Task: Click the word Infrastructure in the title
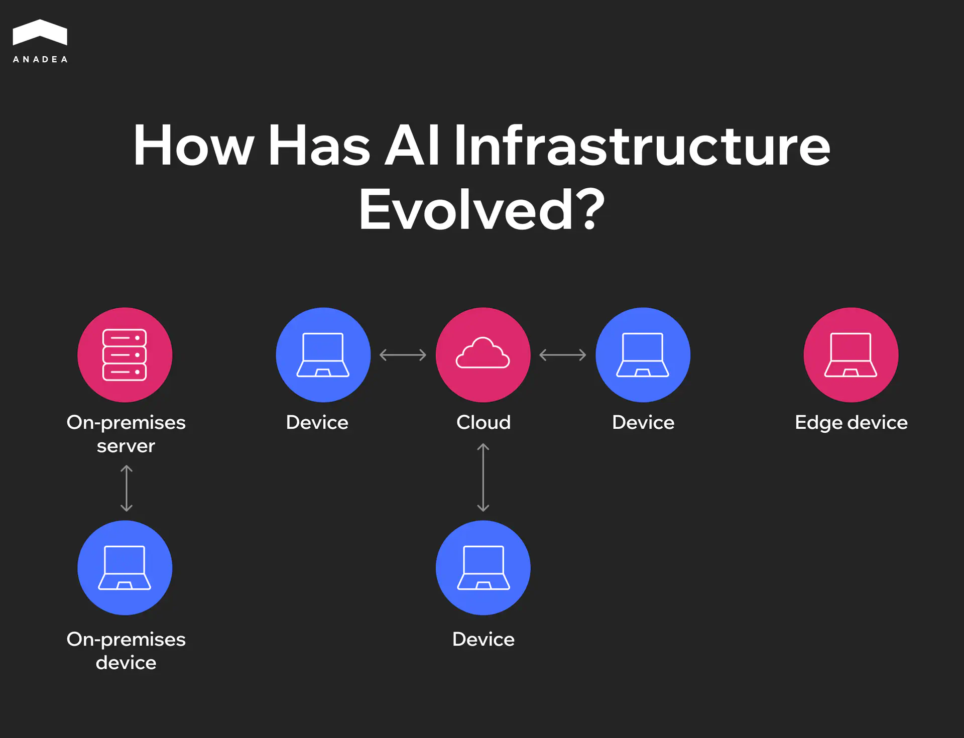tap(642, 146)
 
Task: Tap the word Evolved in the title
tap(466, 210)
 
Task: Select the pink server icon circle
tap(125, 355)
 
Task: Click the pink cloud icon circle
tap(483, 355)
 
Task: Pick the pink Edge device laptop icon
tap(851, 355)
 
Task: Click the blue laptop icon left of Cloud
tap(323, 355)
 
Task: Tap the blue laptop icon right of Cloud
tap(643, 355)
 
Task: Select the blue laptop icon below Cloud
tap(483, 568)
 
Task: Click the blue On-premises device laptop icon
tap(125, 568)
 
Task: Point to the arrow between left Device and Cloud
tap(403, 355)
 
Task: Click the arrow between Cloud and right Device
tap(563, 355)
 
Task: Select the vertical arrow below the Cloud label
tap(483, 477)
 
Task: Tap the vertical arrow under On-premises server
tap(127, 488)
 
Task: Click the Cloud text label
tap(484, 423)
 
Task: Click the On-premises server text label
tap(126, 434)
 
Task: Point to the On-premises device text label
tap(126, 651)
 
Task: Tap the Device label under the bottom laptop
tap(484, 640)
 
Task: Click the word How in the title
tap(194, 146)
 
